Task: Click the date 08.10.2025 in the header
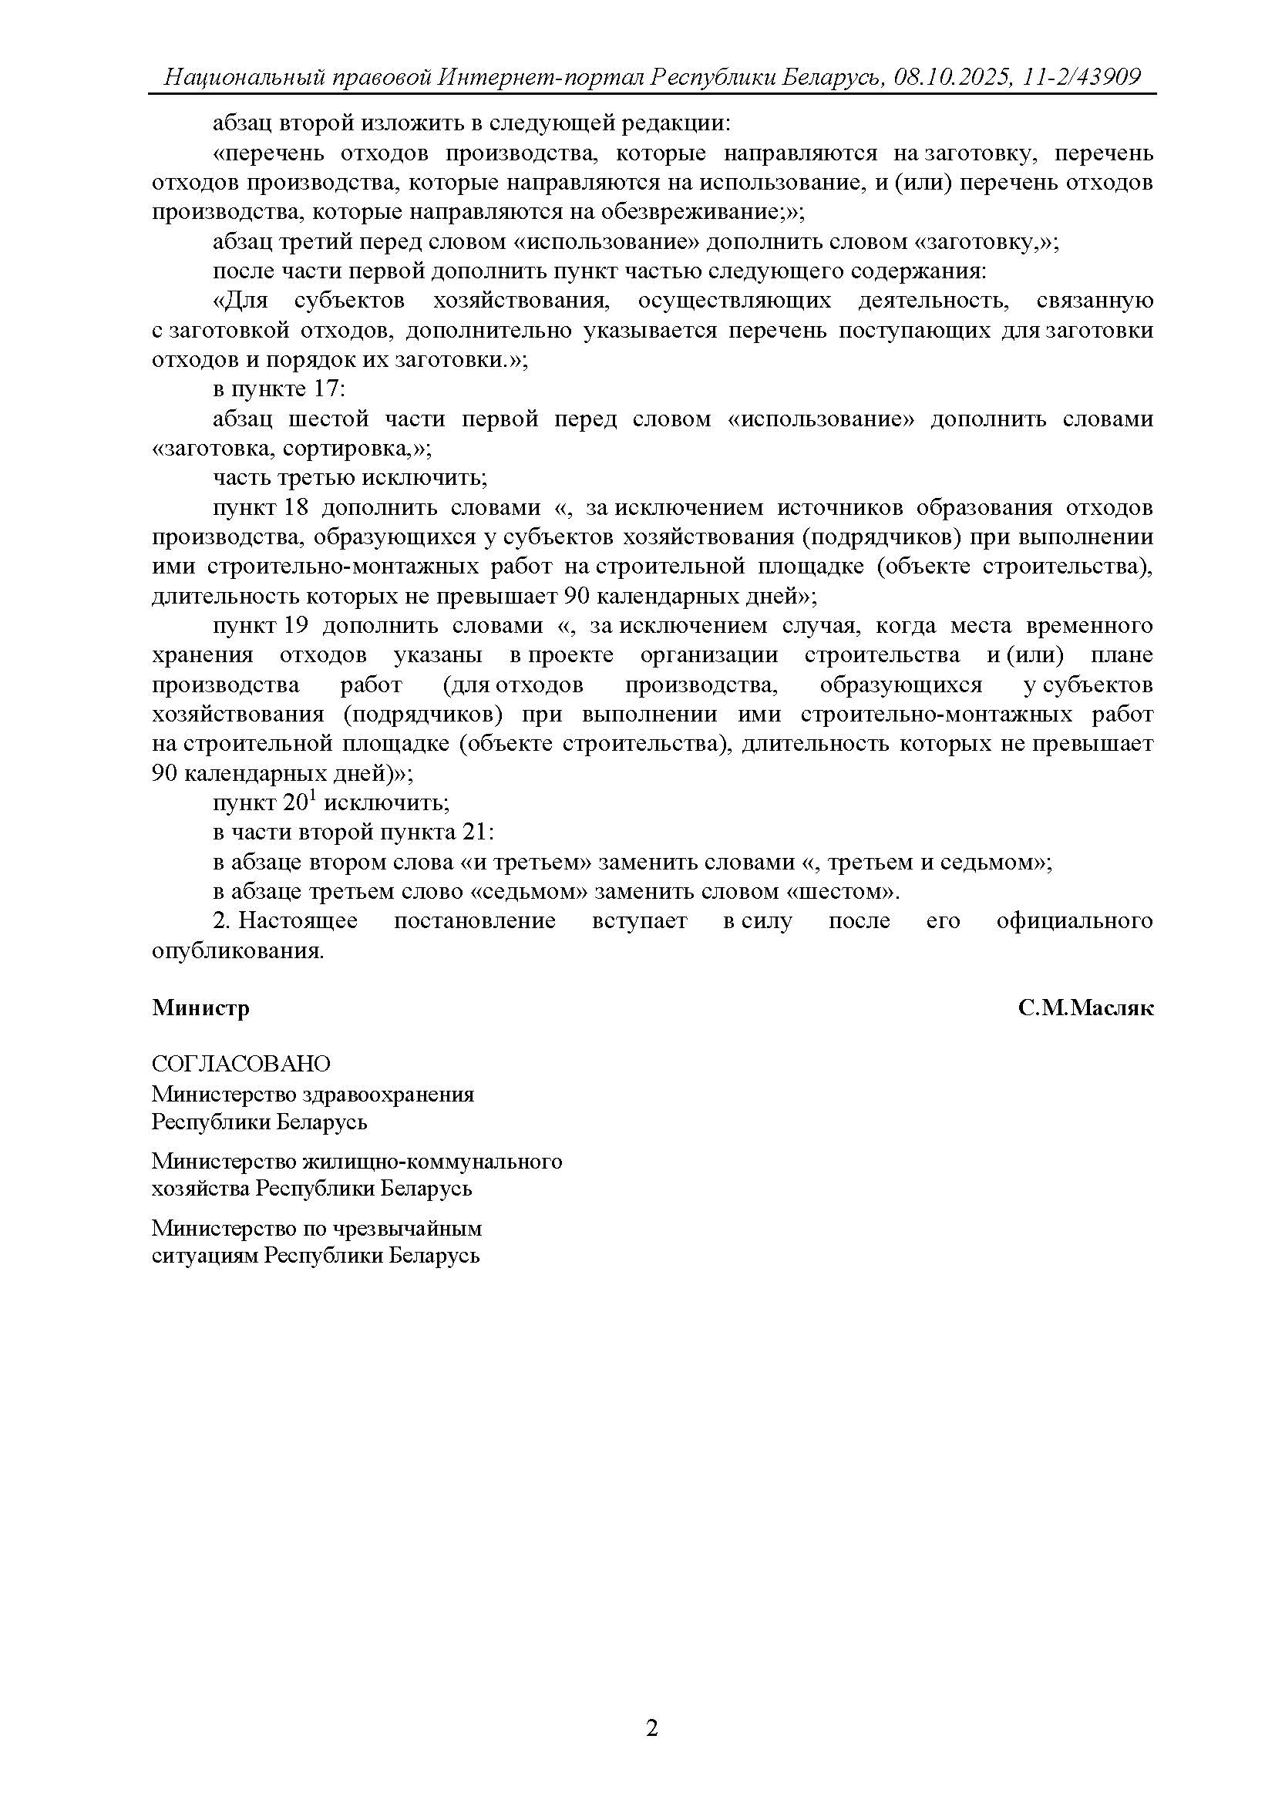pyautogui.click(x=948, y=77)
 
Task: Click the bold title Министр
pyautogui.click(x=201, y=1008)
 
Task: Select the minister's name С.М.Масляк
pyautogui.click(x=1085, y=1008)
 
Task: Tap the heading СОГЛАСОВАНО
pyautogui.click(x=241, y=1064)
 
